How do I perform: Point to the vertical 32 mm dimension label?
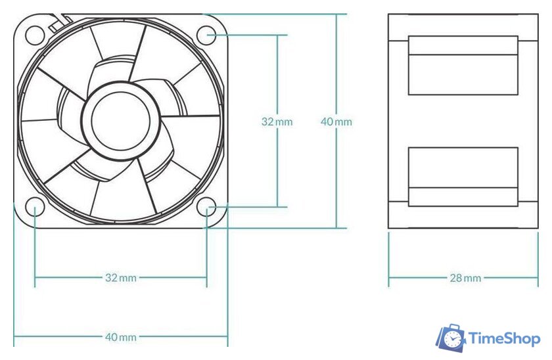(x=277, y=122)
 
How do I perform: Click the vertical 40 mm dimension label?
(x=336, y=122)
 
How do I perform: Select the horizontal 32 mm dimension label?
(x=121, y=278)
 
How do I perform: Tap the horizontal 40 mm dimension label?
(x=121, y=338)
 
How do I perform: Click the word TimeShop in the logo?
(x=504, y=339)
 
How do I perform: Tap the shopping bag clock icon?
(x=451, y=338)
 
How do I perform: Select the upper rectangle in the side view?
(x=463, y=66)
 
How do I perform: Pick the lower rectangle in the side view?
(x=463, y=176)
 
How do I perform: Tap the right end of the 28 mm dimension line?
(x=538, y=278)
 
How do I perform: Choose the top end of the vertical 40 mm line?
(x=336, y=15)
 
